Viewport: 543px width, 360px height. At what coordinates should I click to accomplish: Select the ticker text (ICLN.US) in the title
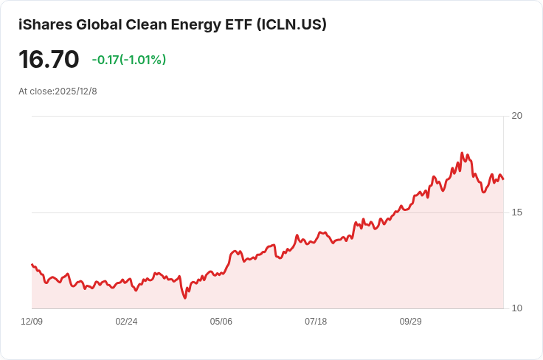click(x=291, y=25)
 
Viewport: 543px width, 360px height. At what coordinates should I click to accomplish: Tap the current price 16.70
click(x=49, y=60)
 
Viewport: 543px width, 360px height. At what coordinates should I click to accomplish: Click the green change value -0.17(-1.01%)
click(x=129, y=60)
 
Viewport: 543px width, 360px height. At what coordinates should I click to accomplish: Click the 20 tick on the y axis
click(x=516, y=116)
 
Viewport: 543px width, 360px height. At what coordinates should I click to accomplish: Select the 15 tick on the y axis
click(x=516, y=212)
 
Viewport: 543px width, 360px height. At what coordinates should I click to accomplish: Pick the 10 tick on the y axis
click(x=516, y=308)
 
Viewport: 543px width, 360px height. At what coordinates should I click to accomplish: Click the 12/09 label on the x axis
click(x=32, y=322)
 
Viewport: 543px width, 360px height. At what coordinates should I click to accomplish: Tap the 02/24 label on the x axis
click(x=126, y=322)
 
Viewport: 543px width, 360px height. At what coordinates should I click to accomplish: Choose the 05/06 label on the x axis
click(x=221, y=322)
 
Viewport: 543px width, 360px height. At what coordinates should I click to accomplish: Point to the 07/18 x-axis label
click(x=316, y=322)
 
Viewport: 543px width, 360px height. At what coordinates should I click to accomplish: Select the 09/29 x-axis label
click(x=410, y=322)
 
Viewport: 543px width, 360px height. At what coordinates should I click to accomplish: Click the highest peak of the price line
click(x=462, y=153)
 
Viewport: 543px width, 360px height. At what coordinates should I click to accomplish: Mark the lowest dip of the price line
click(x=185, y=298)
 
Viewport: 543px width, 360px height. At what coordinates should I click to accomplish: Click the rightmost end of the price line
click(x=503, y=179)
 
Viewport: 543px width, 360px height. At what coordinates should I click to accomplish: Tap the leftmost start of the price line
click(x=32, y=264)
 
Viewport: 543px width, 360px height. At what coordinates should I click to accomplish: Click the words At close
click(x=35, y=91)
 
